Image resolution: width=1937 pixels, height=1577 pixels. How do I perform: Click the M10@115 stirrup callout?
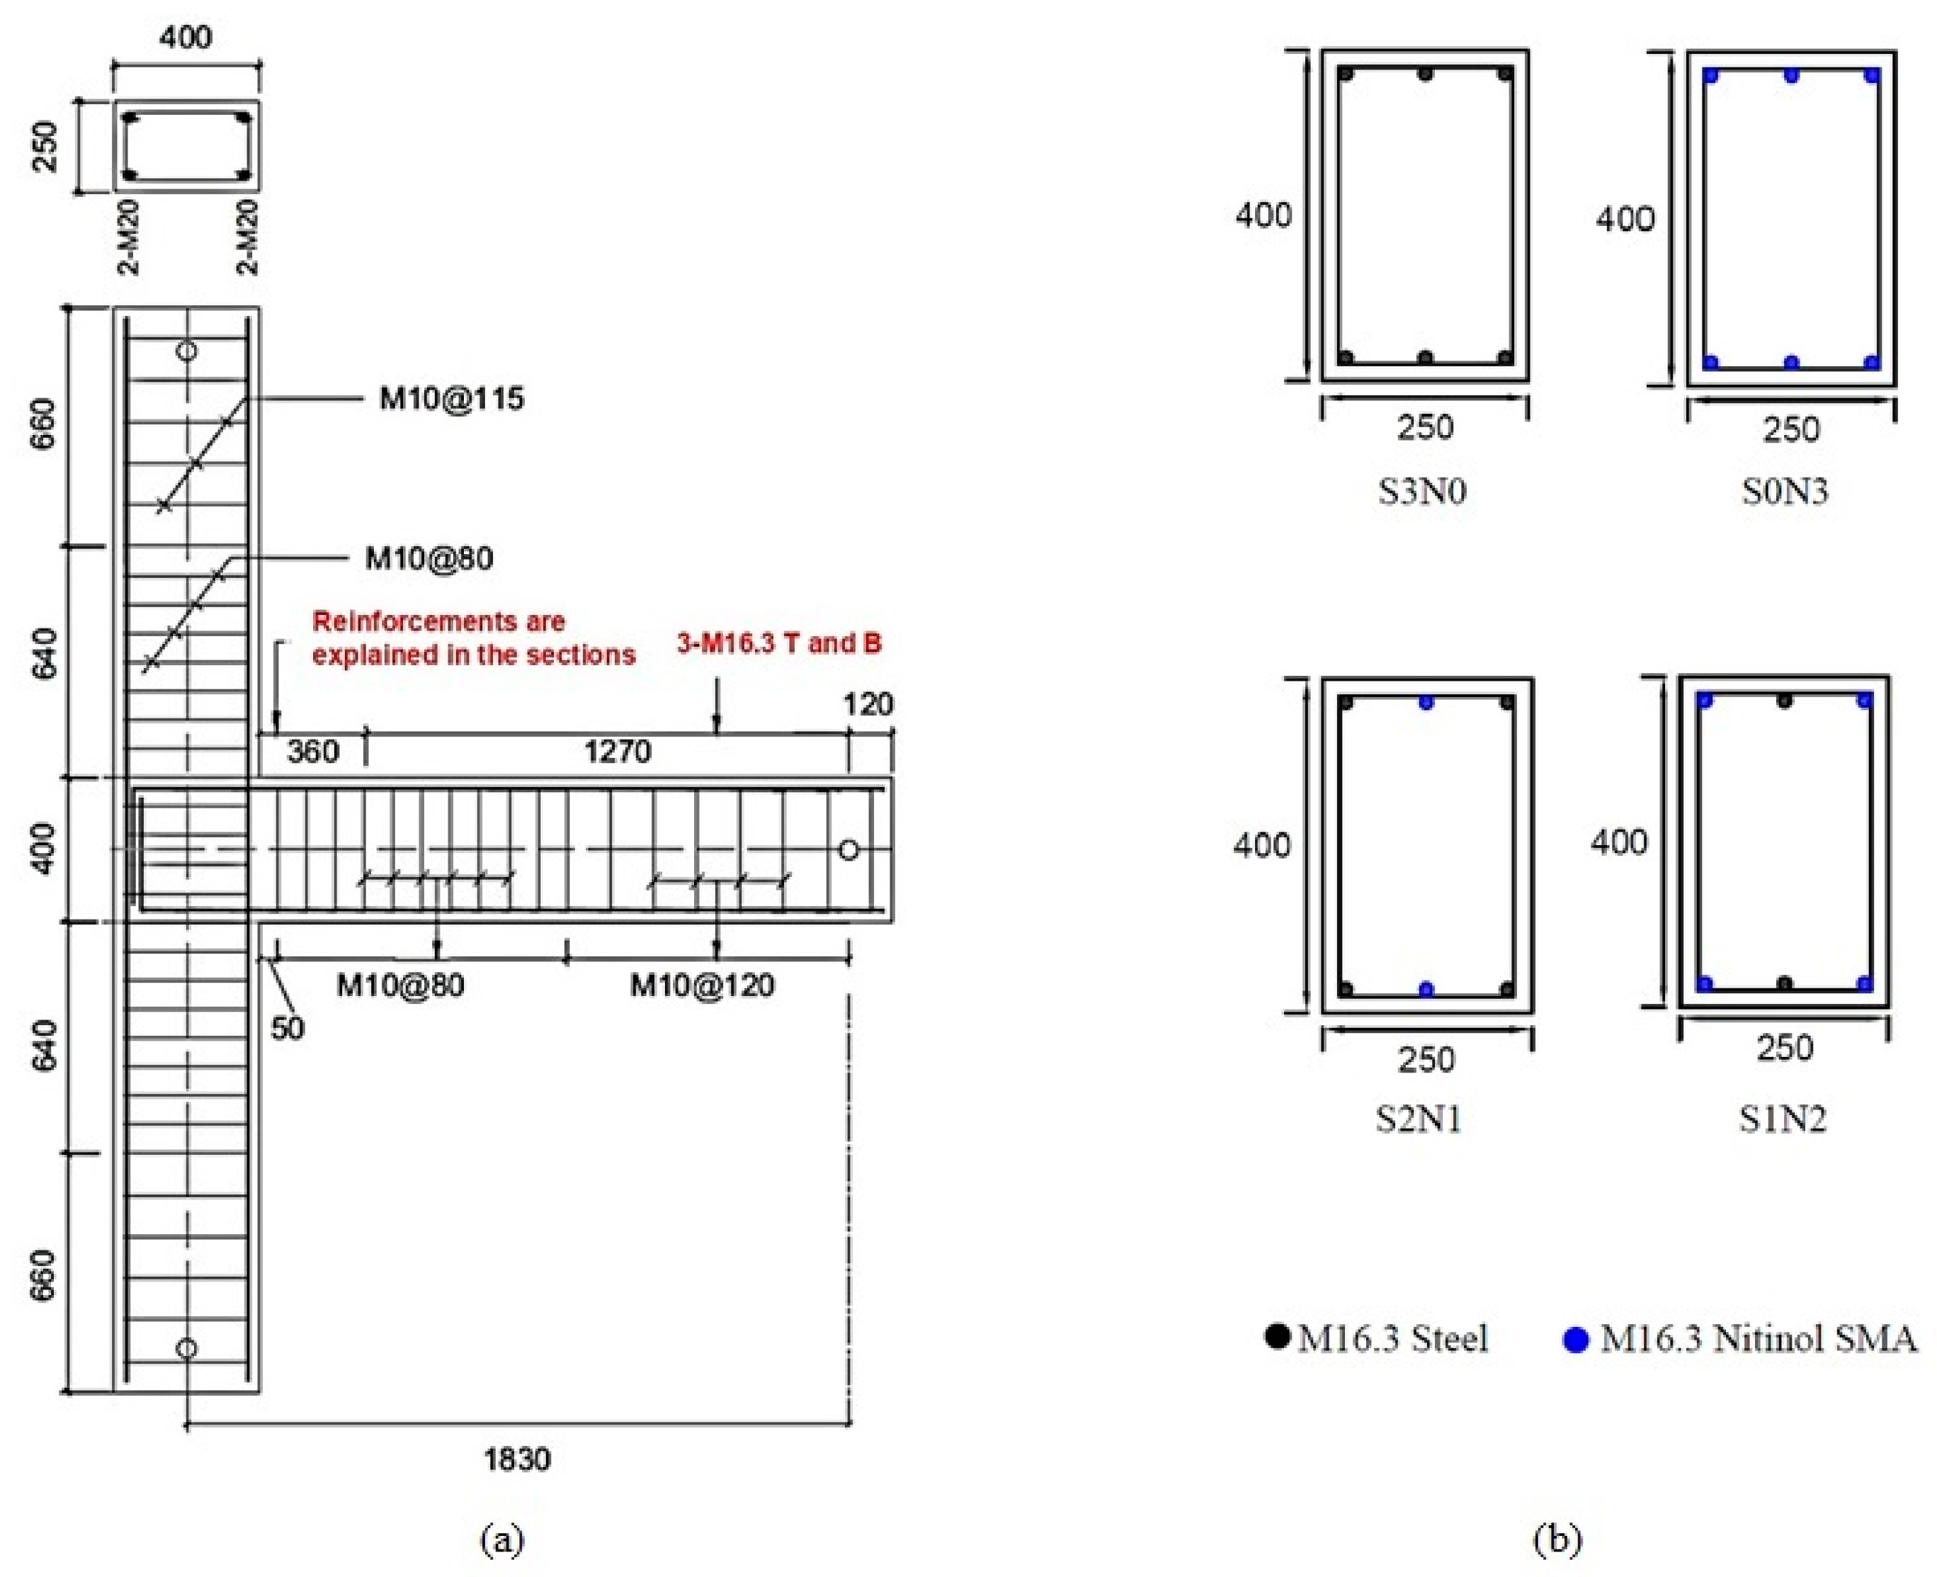451,399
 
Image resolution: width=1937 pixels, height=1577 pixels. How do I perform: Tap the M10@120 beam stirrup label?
702,985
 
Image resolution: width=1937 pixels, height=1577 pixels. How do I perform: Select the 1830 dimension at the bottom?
517,1460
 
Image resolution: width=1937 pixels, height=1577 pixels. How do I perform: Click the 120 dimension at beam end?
868,705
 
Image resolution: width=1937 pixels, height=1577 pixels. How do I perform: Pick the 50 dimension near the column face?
287,1029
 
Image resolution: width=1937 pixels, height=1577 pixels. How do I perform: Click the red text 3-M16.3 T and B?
779,643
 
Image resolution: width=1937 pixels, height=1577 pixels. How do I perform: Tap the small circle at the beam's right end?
848,850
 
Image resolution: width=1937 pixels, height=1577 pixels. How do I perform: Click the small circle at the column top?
186,351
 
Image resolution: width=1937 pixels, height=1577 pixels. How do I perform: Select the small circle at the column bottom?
186,1348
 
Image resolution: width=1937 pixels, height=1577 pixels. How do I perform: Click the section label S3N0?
1422,492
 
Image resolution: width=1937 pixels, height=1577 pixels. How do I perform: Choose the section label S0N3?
1785,492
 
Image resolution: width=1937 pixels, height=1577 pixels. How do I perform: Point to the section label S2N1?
1419,1119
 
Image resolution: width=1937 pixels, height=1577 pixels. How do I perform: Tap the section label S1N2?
1783,1119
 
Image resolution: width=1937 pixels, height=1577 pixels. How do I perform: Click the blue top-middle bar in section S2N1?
1426,702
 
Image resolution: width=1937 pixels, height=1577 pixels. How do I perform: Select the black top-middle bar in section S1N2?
1785,701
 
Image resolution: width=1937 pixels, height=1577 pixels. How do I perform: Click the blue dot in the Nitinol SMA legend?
1576,1340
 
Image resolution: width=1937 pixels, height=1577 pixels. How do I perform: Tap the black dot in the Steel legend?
1278,1336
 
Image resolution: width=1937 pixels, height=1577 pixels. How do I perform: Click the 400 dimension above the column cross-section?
186,38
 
